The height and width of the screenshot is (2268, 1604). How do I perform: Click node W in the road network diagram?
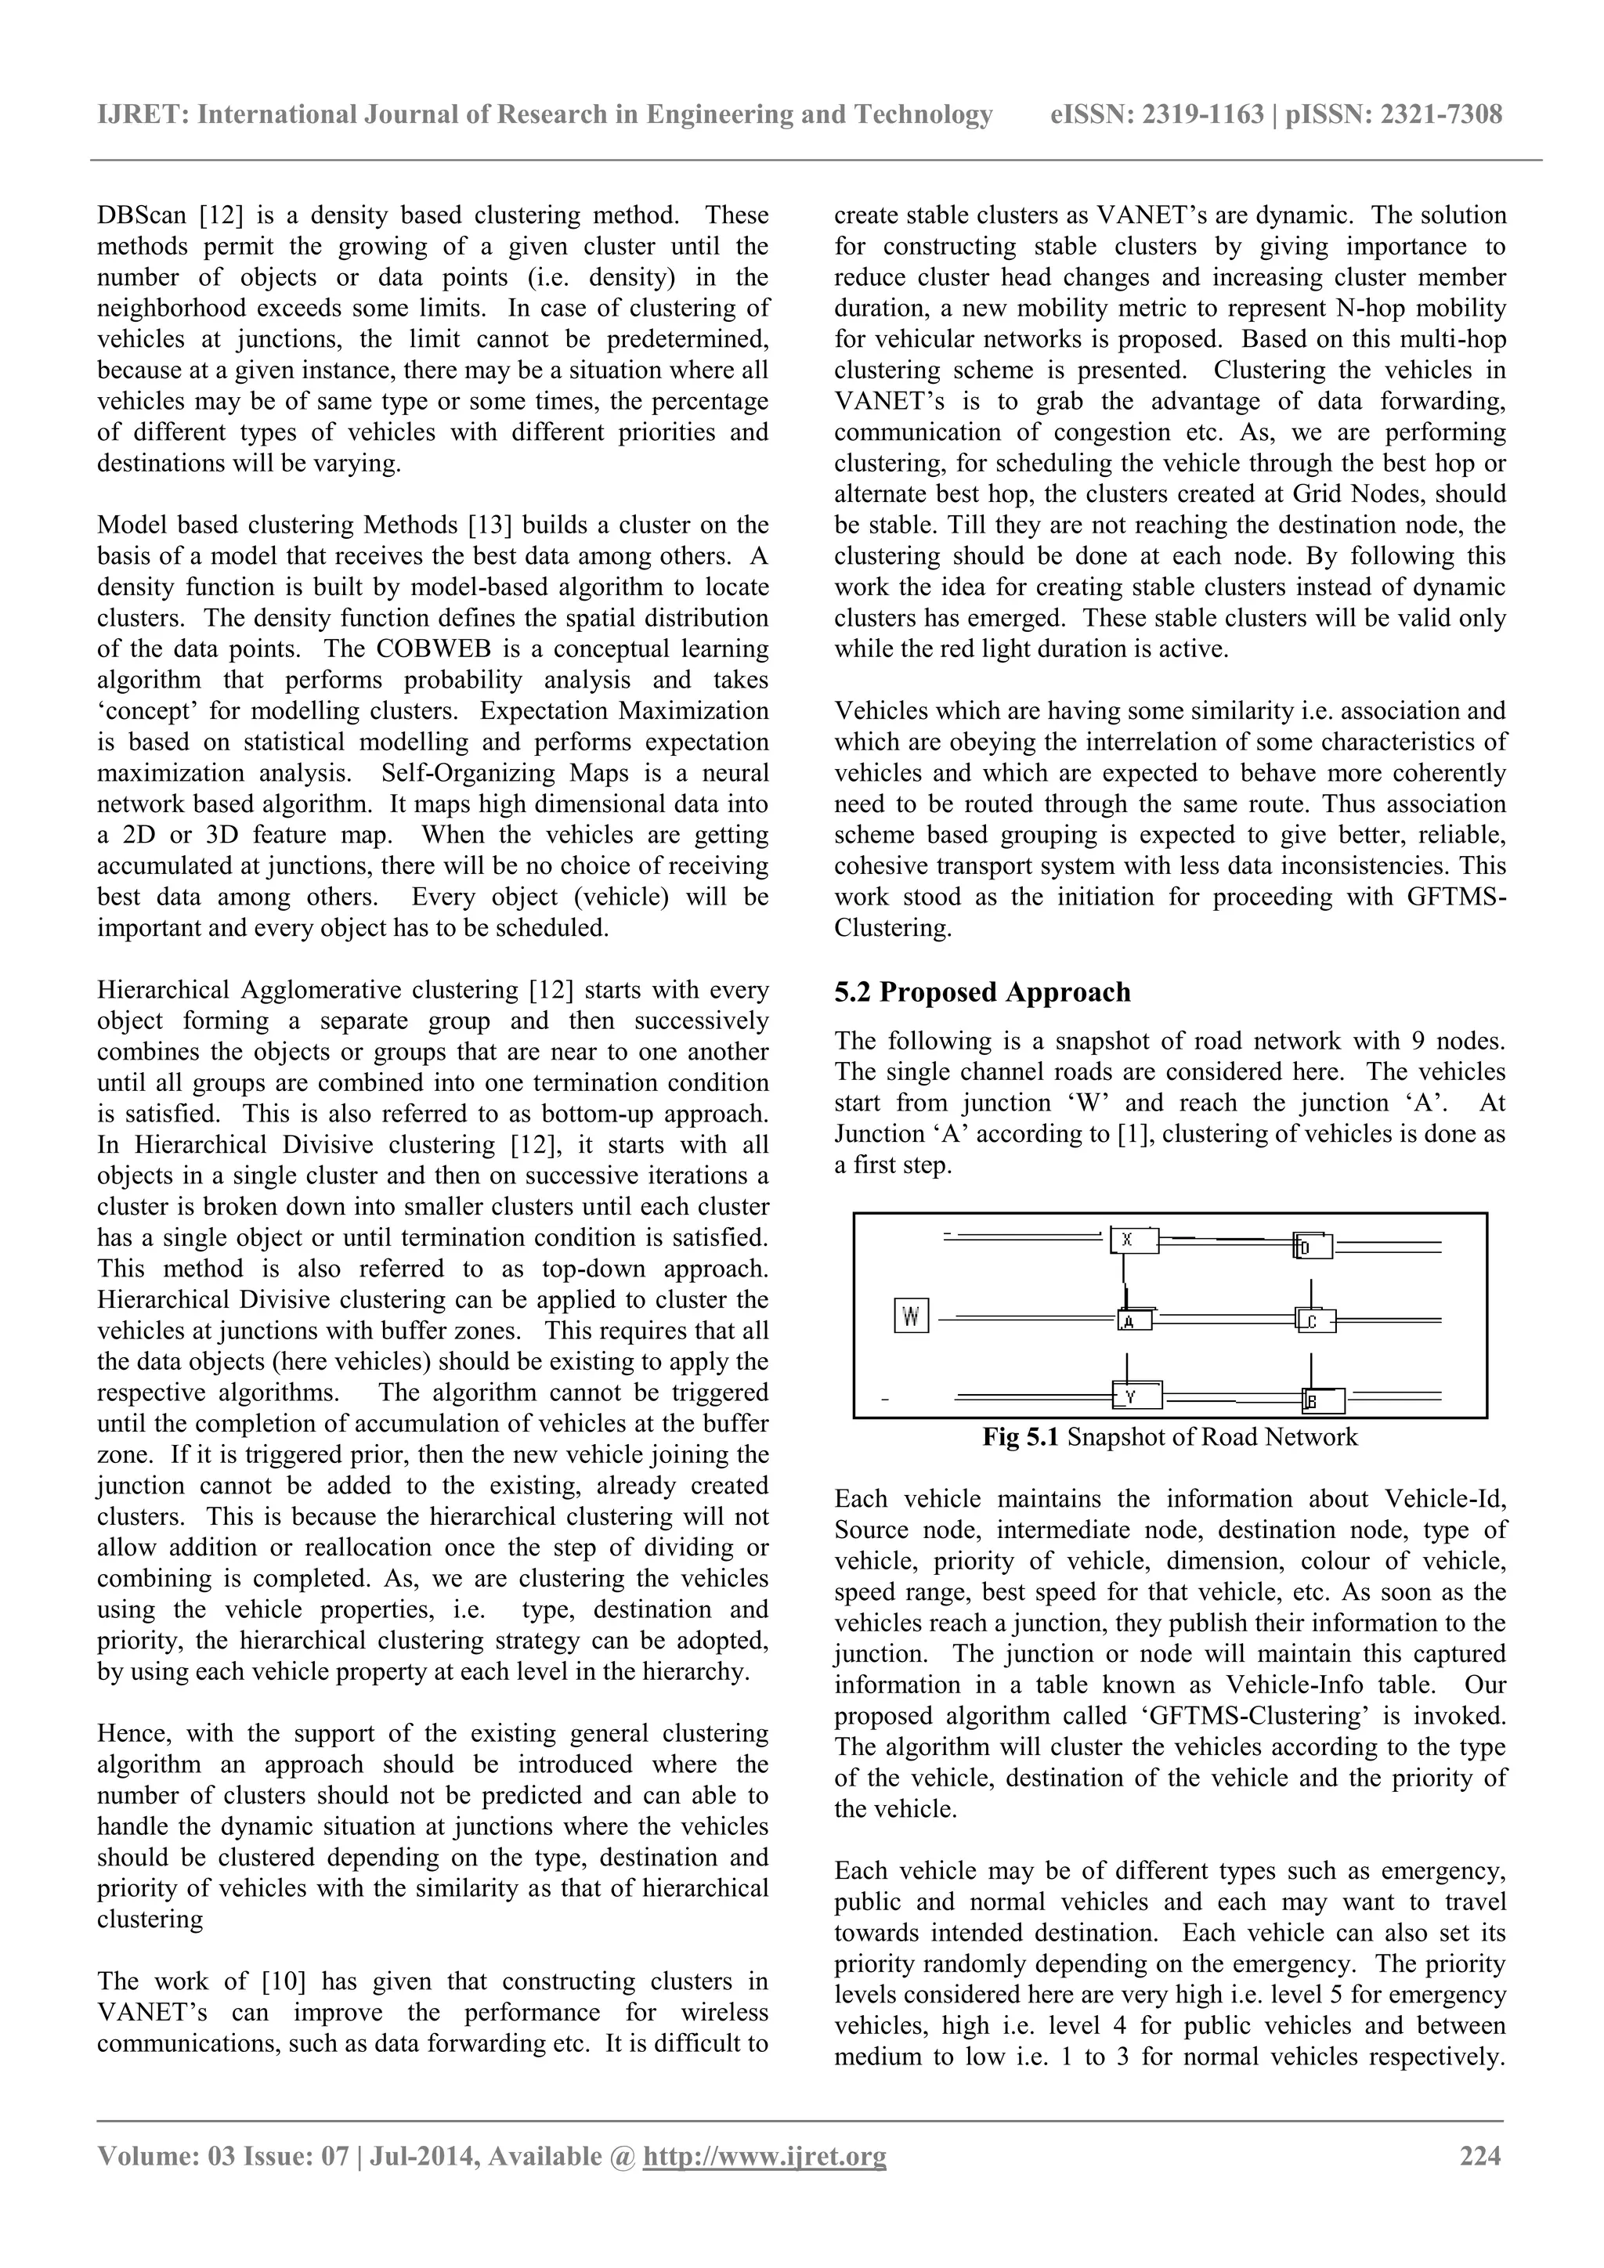pyautogui.click(x=911, y=1316)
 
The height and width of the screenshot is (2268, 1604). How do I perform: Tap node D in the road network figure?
pyautogui.click(x=1313, y=1247)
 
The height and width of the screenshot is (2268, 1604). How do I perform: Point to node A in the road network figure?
pyautogui.click(x=1134, y=1320)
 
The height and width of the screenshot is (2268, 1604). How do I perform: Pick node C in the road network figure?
pyautogui.click(x=1315, y=1320)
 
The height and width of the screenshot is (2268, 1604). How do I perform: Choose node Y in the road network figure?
pyautogui.click(x=1137, y=1395)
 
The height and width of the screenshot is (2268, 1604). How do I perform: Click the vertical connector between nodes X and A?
pyautogui.click(x=1123, y=1281)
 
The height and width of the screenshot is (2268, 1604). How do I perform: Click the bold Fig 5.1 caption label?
pyautogui.click(x=1021, y=1436)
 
